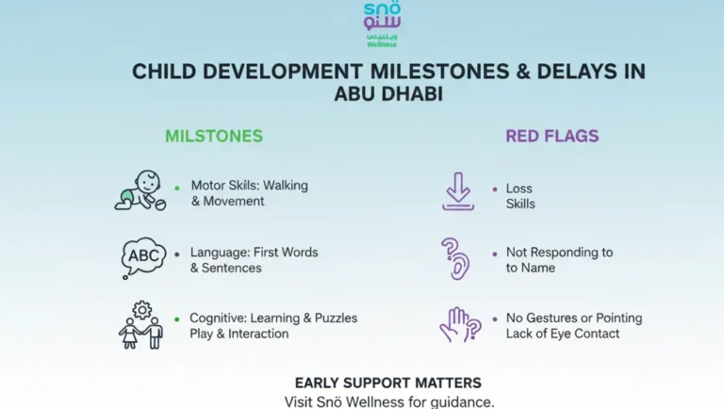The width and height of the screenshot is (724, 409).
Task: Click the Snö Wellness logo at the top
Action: tap(382, 24)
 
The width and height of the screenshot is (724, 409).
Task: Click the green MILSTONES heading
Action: tap(214, 136)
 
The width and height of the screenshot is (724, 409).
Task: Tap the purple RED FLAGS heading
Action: tap(551, 136)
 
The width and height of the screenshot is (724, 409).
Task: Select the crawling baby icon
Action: tap(140, 190)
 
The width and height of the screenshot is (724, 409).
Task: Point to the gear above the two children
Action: tap(142, 309)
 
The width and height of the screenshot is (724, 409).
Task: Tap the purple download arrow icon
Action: tap(458, 191)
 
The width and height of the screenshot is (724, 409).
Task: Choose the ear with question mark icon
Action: tap(455, 258)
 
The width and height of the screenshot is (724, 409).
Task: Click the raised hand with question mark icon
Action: tap(459, 325)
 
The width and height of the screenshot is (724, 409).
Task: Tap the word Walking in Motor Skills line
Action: tap(287, 186)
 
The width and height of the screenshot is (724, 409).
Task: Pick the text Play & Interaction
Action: tap(239, 334)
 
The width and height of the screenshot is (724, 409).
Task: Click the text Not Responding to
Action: tap(559, 253)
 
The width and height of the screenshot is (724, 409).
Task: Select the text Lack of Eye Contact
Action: tap(563, 334)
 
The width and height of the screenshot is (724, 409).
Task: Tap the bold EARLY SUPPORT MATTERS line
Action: tap(388, 383)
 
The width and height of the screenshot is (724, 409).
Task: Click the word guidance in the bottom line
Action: tap(460, 401)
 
